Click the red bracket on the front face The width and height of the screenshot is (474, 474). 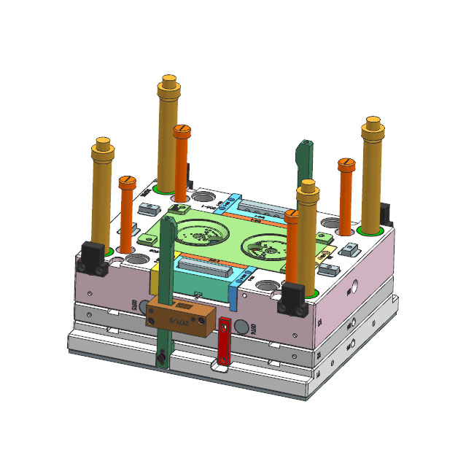[225, 343]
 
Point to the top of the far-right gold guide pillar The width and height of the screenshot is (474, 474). [373, 122]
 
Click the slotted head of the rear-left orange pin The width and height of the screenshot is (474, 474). [182, 131]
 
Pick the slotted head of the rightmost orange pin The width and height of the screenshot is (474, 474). [346, 162]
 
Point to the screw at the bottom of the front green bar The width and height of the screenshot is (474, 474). [162, 357]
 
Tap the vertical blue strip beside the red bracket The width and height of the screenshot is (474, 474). [233, 292]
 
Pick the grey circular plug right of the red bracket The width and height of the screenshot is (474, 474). [244, 330]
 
